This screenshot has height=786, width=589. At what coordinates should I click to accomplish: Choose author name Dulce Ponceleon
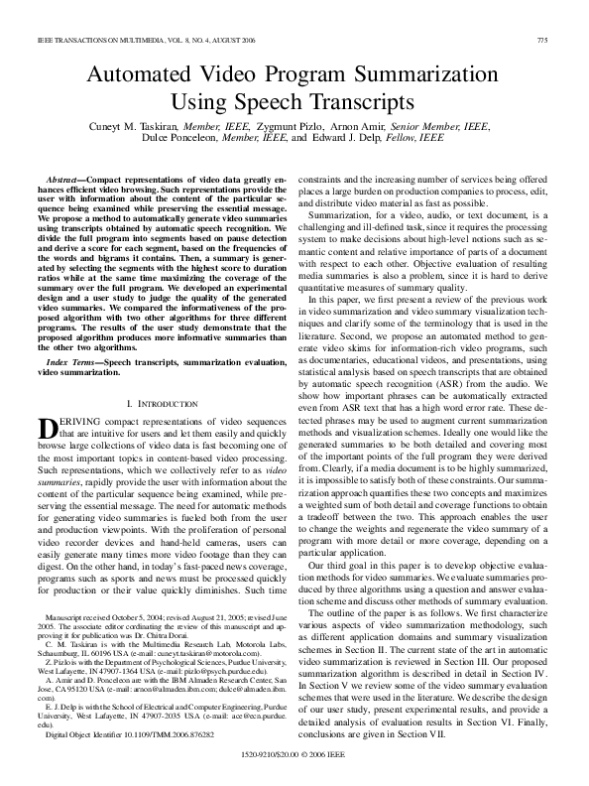186,141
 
